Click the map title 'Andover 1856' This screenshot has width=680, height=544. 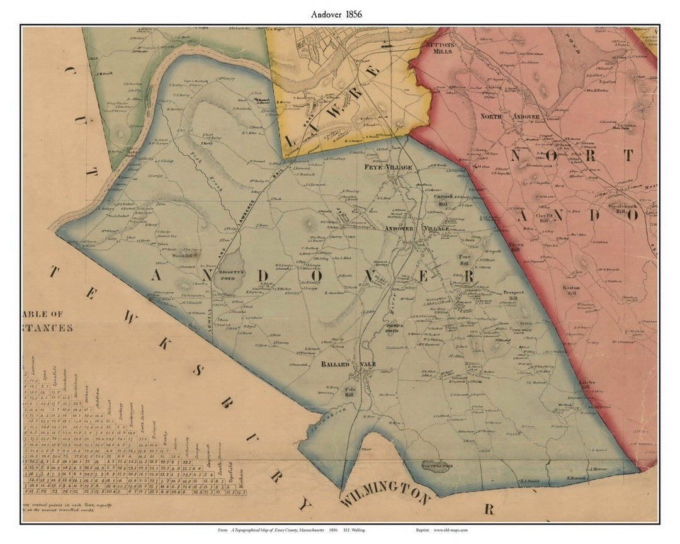pos(336,13)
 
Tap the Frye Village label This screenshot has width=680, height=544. pos(388,167)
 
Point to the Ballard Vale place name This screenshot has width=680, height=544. pos(351,365)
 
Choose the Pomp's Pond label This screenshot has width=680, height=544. pos(392,327)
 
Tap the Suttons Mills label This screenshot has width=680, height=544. pos(439,48)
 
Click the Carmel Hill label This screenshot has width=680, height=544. pos(445,199)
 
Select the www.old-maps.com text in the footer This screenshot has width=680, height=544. pos(450,531)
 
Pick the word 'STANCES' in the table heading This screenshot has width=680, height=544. pos(48,327)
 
